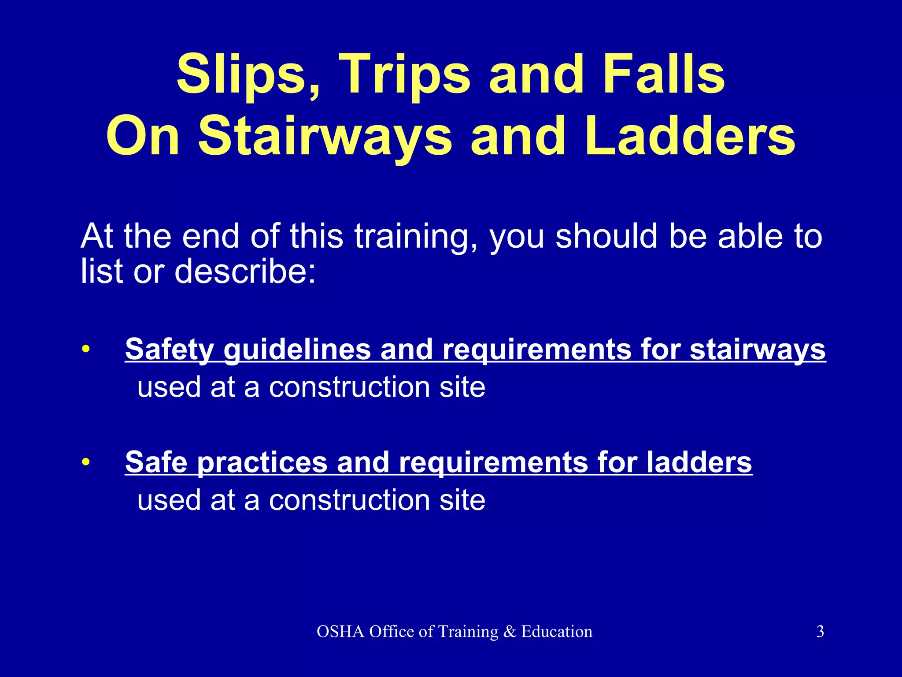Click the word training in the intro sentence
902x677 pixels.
[415, 236]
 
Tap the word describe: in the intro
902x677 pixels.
[245, 271]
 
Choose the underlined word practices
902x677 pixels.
[262, 463]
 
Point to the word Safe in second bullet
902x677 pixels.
[156, 462]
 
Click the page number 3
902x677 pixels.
[820, 631]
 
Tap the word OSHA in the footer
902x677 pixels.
[340, 632]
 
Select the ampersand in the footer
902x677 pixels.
[510, 632]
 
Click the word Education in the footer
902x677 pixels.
[557, 632]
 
